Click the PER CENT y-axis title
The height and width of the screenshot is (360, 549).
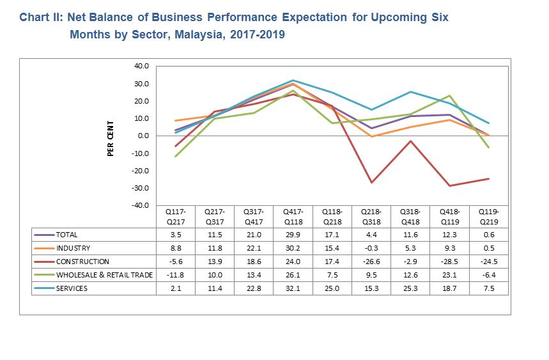pyautogui.click(x=111, y=137)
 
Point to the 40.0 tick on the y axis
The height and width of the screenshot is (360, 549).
pyautogui.click(x=141, y=66)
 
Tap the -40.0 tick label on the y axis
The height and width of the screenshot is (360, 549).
pyautogui.click(x=139, y=205)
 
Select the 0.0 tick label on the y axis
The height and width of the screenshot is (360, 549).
pyautogui.click(x=142, y=136)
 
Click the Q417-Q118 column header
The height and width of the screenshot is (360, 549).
pyautogui.click(x=293, y=215)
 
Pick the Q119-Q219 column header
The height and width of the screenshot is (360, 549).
pyautogui.click(x=489, y=215)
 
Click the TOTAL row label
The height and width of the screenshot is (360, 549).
pyautogui.click(x=67, y=235)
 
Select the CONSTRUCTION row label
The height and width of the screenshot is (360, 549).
pyautogui.click(x=82, y=262)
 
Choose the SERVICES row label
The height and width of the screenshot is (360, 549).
pyautogui.click(x=73, y=288)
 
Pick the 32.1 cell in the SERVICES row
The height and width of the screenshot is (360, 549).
pyautogui.click(x=293, y=288)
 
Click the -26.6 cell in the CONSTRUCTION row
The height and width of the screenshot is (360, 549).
pyautogui.click(x=371, y=262)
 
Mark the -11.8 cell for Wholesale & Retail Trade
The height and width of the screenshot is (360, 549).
pyautogui.click(x=175, y=275)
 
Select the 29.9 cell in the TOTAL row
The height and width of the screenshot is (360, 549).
pyautogui.click(x=293, y=235)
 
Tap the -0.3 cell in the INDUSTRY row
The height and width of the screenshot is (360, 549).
pyautogui.click(x=371, y=248)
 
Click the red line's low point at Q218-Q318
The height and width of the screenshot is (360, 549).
pyautogui.click(x=371, y=182)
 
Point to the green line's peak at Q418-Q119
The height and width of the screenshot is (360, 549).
pyautogui.click(x=450, y=95)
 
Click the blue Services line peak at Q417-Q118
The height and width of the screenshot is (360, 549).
pyautogui.click(x=293, y=80)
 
